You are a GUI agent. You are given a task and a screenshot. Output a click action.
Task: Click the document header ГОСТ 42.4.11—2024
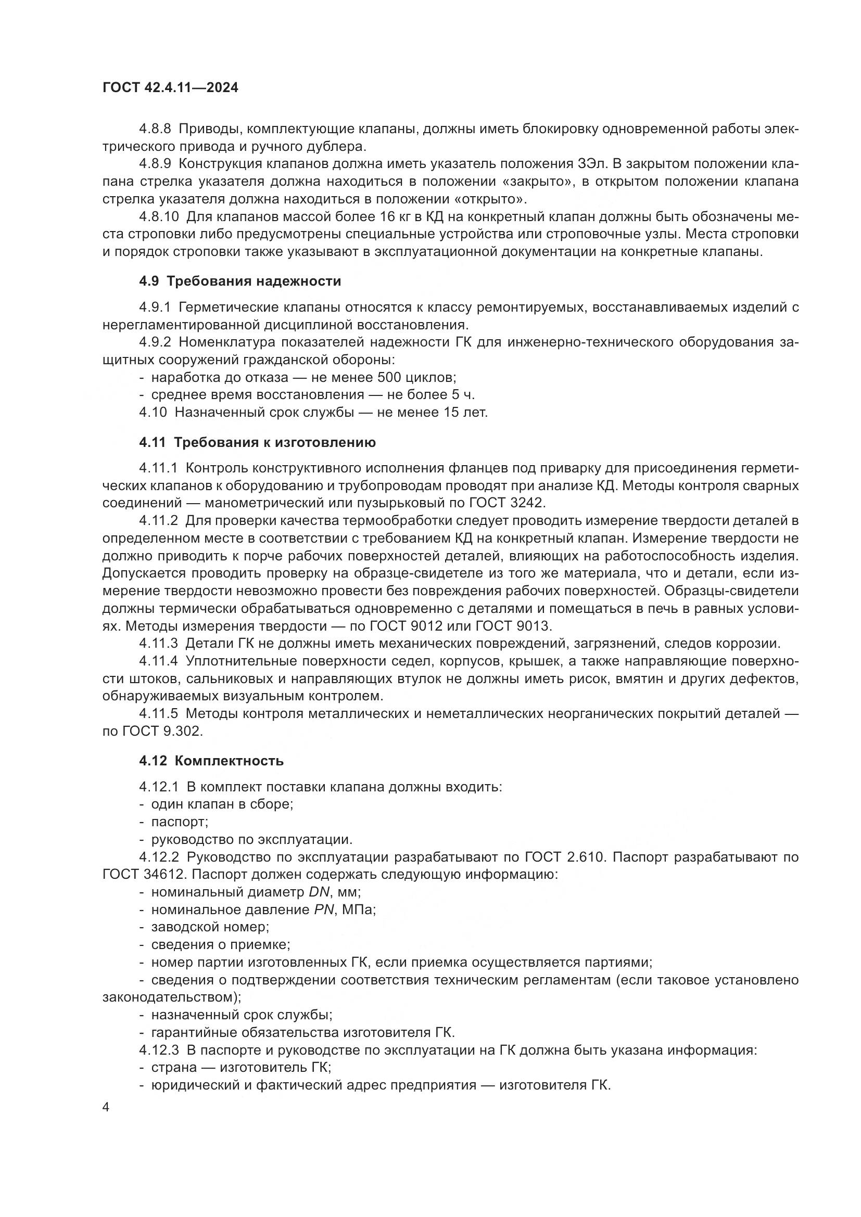170,88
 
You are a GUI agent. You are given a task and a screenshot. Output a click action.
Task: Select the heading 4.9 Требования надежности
240,281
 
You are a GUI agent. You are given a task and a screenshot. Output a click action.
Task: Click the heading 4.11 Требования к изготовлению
257,443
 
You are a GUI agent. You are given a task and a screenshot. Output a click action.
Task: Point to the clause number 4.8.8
155,129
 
